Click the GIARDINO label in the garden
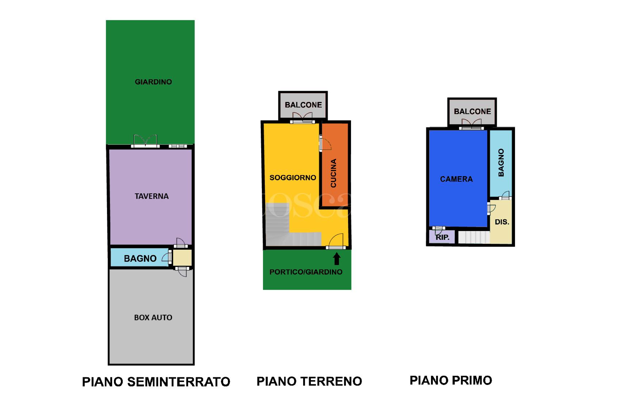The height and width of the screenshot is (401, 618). click(153, 82)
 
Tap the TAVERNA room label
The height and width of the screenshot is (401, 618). click(152, 196)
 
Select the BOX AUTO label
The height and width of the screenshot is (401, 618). click(153, 318)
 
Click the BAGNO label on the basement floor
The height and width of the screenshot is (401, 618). click(140, 258)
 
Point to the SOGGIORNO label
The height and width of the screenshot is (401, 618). click(293, 178)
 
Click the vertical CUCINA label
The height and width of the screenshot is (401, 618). click(333, 173)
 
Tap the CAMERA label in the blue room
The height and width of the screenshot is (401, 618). click(456, 179)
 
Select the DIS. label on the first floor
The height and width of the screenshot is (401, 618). click(502, 222)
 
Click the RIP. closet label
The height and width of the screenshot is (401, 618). click(443, 237)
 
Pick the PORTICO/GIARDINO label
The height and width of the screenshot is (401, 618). click(306, 272)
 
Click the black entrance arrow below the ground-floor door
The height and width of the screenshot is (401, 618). click(337, 259)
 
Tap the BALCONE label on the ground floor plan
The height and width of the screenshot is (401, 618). click(303, 105)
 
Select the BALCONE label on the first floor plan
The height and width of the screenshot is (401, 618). click(472, 111)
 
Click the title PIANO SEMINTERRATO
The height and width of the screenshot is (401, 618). click(156, 382)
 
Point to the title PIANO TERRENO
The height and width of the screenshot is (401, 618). click(309, 381)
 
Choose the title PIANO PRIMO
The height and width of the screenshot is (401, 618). click(451, 381)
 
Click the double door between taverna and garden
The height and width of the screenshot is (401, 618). click(145, 141)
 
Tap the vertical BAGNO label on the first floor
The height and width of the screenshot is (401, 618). click(501, 163)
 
